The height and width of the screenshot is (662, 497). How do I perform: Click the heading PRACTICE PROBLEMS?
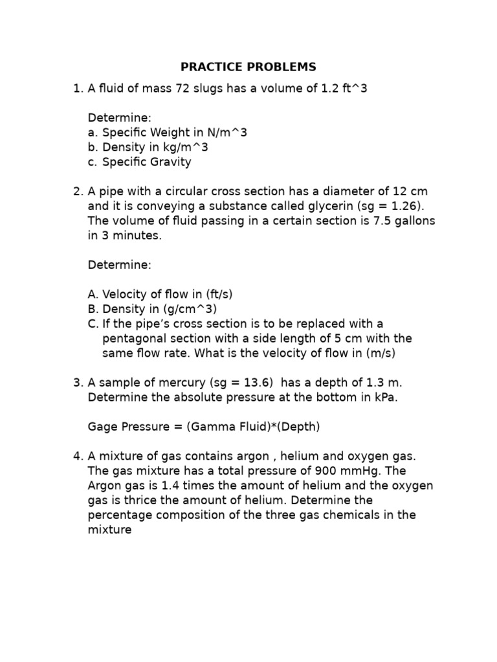pyautogui.click(x=248, y=67)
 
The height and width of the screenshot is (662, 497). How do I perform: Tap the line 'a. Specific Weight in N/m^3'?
pyautogui.click(x=168, y=133)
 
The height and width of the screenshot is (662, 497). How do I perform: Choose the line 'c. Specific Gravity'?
pyautogui.click(x=140, y=162)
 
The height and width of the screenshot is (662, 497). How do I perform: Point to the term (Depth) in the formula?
pyautogui.click(x=297, y=427)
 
